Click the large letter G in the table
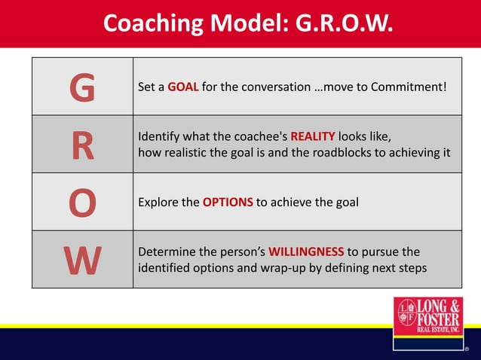point(82,87)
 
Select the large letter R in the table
point(82,145)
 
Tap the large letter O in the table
point(82,203)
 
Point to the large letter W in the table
point(82,260)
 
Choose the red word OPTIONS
point(228,202)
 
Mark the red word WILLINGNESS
point(306,252)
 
